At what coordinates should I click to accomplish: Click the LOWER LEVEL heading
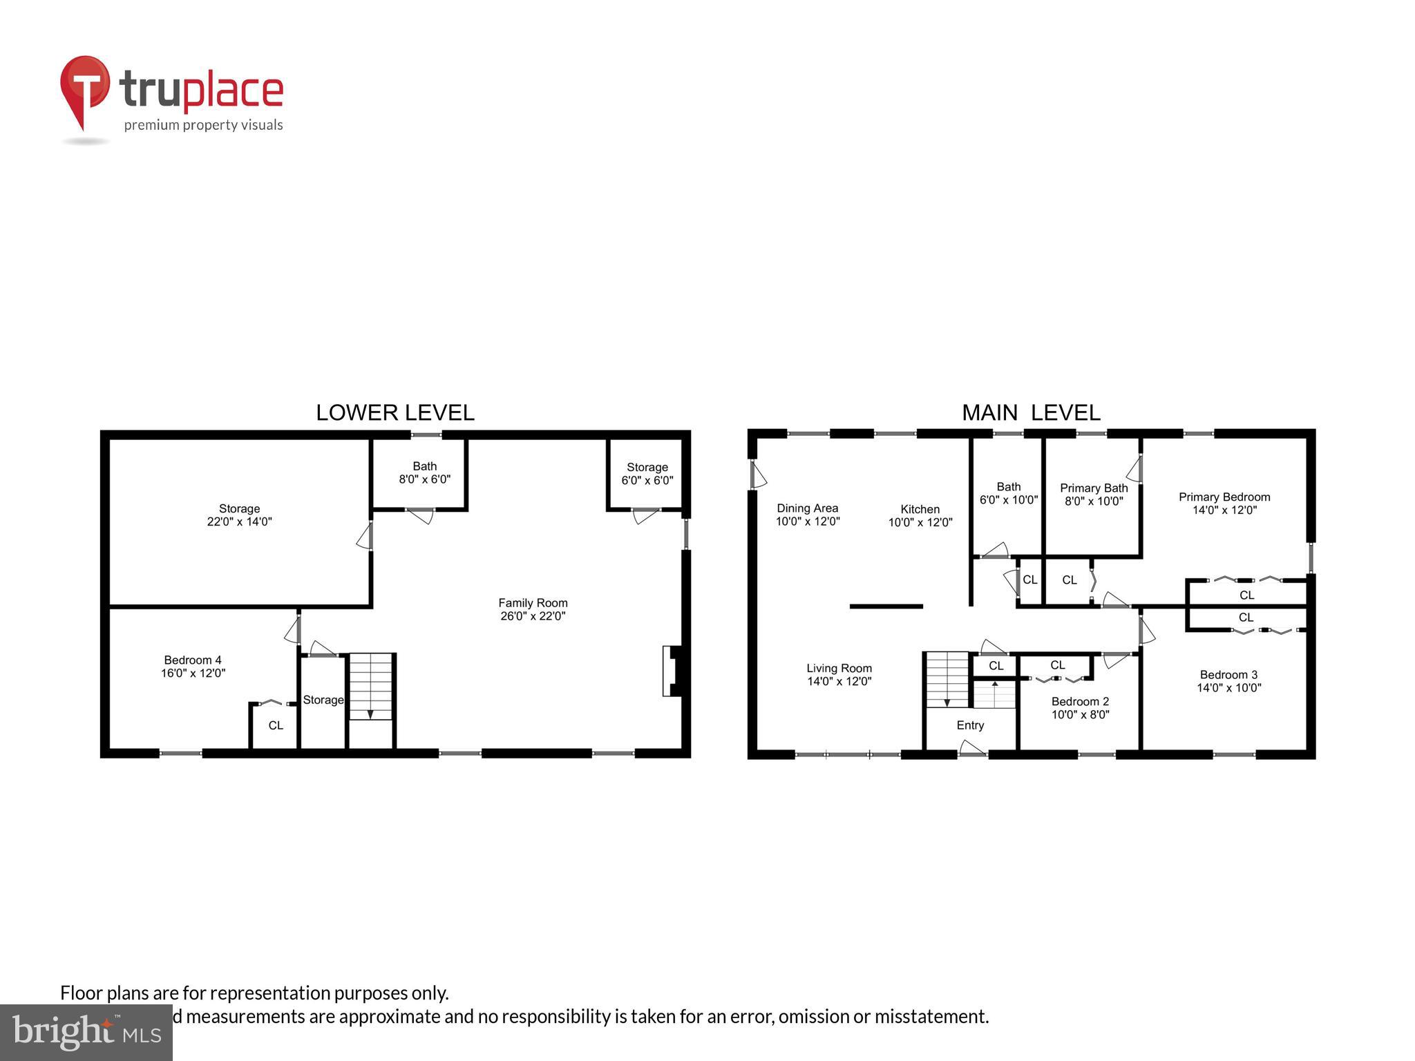click(x=395, y=412)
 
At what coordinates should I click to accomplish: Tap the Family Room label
click(x=533, y=603)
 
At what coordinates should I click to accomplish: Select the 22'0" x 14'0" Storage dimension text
click(x=239, y=522)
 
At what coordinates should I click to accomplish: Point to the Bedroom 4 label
click(x=193, y=660)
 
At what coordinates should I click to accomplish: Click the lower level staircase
click(x=371, y=687)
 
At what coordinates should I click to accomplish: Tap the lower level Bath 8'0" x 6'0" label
click(x=424, y=472)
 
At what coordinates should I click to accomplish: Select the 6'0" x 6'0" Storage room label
click(x=647, y=474)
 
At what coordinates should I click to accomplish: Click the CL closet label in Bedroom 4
click(x=276, y=725)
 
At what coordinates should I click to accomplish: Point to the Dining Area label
click(x=807, y=508)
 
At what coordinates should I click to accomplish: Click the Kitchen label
click(x=920, y=509)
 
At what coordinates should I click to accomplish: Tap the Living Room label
click(x=839, y=668)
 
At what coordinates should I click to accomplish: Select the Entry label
click(x=970, y=725)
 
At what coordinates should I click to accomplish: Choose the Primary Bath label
click(x=1094, y=488)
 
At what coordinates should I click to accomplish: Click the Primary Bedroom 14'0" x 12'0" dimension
click(x=1224, y=510)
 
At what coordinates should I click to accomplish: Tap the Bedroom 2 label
click(x=1080, y=702)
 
